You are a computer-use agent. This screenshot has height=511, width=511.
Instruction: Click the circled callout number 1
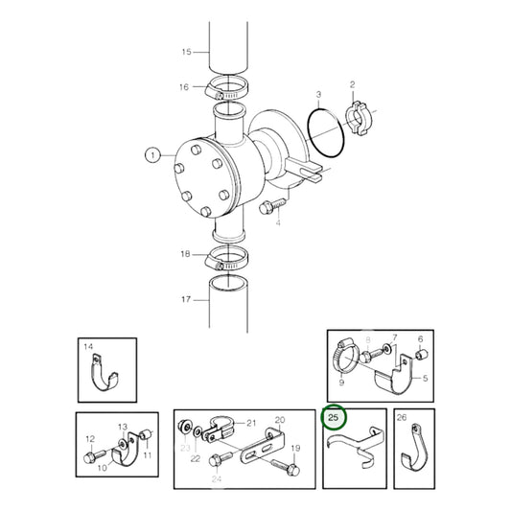tap(151, 153)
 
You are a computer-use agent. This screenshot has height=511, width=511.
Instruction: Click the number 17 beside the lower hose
tap(187, 298)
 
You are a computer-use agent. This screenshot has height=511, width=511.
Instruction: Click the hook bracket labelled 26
tap(410, 450)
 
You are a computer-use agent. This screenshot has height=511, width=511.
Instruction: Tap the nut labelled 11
tap(142, 443)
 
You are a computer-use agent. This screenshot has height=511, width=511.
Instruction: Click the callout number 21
tap(252, 423)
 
